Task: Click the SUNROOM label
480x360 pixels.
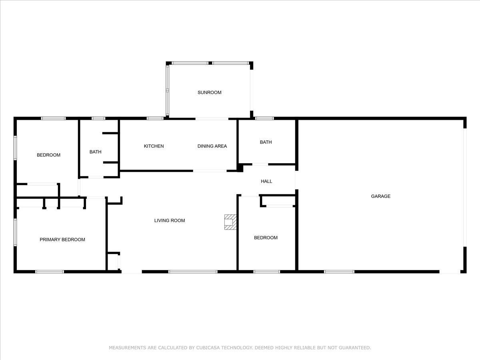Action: (209, 92)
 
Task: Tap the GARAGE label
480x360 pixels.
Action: (380, 196)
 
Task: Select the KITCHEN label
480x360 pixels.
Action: (154, 146)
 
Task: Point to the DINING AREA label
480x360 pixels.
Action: (212, 146)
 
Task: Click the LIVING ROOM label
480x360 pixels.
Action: (170, 220)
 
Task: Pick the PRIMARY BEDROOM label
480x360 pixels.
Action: (62, 240)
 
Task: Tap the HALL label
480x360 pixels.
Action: (266, 181)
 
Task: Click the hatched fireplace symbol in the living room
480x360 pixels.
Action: (230, 222)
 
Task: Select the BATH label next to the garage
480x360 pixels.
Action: (266, 142)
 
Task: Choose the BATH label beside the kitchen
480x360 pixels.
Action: (95, 152)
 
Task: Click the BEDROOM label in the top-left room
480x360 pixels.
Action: (48, 155)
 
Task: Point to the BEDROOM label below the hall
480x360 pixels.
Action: (266, 238)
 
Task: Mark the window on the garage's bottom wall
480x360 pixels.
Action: (339, 272)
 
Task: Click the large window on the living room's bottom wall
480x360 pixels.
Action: (193, 272)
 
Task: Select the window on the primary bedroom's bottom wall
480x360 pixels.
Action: (50, 272)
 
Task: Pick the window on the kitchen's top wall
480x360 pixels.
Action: (155, 118)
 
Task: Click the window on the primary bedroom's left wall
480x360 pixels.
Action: (15, 232)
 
